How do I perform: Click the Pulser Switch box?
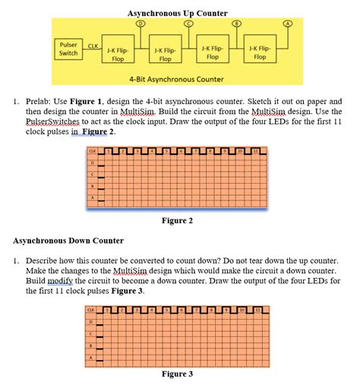[x=68, y=49]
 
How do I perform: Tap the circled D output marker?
[x=139, y=24]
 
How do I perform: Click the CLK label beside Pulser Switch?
[x=94, y=47]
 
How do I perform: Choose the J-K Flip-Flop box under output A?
[x=260, y=52]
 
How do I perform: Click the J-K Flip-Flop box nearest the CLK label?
[x=118, y=54]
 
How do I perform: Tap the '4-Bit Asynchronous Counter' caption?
[x=176, y=79]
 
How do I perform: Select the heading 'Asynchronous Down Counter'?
[x=68, y=241]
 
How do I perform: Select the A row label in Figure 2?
[x=93, y=200]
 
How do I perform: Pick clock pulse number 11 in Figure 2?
[x=256, y=152]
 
